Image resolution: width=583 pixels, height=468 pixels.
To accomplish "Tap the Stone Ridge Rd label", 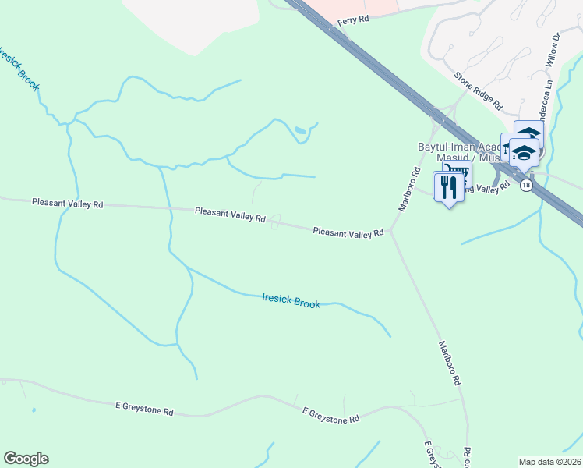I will (x=479, y=90).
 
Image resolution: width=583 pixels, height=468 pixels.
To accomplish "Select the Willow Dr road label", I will (x=554, y=48).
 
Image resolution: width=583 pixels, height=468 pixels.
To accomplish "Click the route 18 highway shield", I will (x=527, y=185).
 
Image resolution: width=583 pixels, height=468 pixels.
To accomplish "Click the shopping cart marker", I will (x=457, y=173).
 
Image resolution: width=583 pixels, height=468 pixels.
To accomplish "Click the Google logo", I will (x=26, y=459).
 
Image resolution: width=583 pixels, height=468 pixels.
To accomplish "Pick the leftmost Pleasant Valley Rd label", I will (x=67, y=203).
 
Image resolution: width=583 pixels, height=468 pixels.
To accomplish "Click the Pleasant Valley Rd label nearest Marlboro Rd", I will (x=348, y=232).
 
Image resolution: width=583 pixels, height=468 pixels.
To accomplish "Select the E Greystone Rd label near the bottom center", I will (x=330, y=418).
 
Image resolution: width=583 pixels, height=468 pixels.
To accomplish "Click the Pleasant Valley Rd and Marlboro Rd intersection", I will (x=391, y=231).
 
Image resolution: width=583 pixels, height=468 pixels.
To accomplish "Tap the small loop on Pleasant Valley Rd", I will (x=275, y=222).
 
